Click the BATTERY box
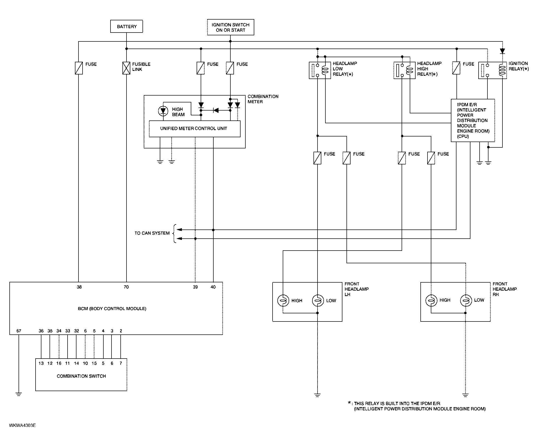126,26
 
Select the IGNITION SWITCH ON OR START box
231,27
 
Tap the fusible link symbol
126,68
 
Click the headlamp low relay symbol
320,70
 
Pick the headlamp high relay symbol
405,70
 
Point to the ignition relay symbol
493,70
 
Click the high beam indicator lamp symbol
163,111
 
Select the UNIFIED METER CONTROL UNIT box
195,129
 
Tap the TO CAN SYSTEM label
152,233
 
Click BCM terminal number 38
79,287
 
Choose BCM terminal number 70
126,287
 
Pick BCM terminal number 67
19,331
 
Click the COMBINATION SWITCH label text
81,376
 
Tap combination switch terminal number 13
41,363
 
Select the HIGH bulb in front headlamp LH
283,300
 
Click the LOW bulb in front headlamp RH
466,300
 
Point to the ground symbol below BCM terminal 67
19,394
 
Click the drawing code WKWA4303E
23,425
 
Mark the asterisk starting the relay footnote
350,403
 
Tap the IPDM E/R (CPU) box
473,120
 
